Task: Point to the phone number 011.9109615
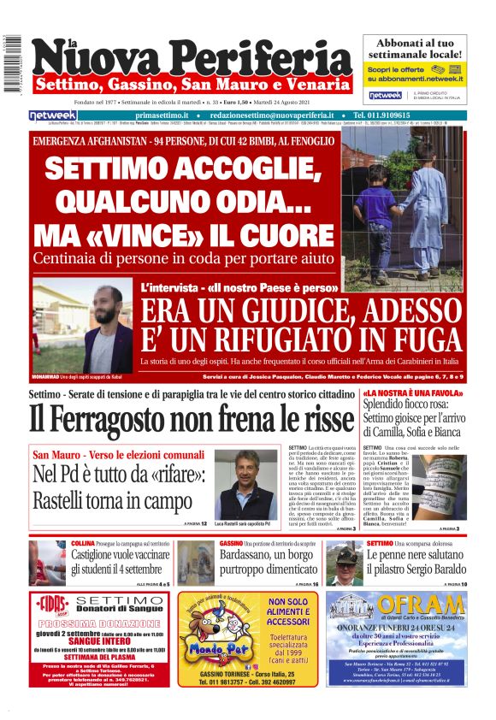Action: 401,115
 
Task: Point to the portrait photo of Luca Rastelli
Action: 233,483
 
